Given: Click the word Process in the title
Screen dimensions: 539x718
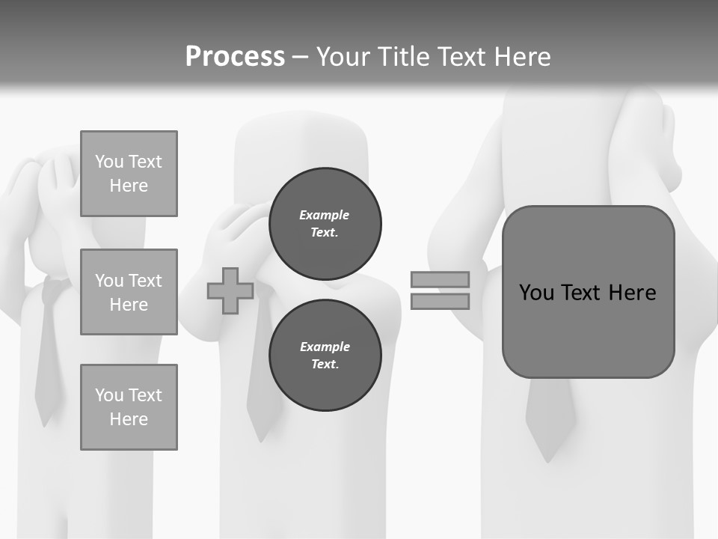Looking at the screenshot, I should coord(235,56).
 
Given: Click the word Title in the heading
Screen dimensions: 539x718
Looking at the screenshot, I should coord(402,57).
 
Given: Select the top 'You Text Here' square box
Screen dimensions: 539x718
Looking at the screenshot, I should coord(129,174).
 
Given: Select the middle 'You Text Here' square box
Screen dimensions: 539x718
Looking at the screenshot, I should coord(129,292).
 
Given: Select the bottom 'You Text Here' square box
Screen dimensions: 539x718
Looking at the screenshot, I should coord(129,407).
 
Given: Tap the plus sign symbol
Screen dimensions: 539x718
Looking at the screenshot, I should coord(230,290).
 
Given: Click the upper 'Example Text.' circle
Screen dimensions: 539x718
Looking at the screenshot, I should coord(325,223).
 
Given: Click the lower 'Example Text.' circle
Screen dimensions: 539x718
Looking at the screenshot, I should coord(325,355).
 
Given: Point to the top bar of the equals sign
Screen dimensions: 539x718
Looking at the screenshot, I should coord(441,279).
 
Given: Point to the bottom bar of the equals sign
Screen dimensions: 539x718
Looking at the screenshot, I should coord(441,301).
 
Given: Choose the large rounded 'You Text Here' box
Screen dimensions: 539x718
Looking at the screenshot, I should coord(588,292).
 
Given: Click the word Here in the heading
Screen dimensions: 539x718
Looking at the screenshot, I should coord(520,57).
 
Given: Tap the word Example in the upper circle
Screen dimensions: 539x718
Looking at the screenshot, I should coord(325,215).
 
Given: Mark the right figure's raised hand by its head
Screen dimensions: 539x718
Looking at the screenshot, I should coord(643,150).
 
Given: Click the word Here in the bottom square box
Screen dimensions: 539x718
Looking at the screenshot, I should coord(129,419).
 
